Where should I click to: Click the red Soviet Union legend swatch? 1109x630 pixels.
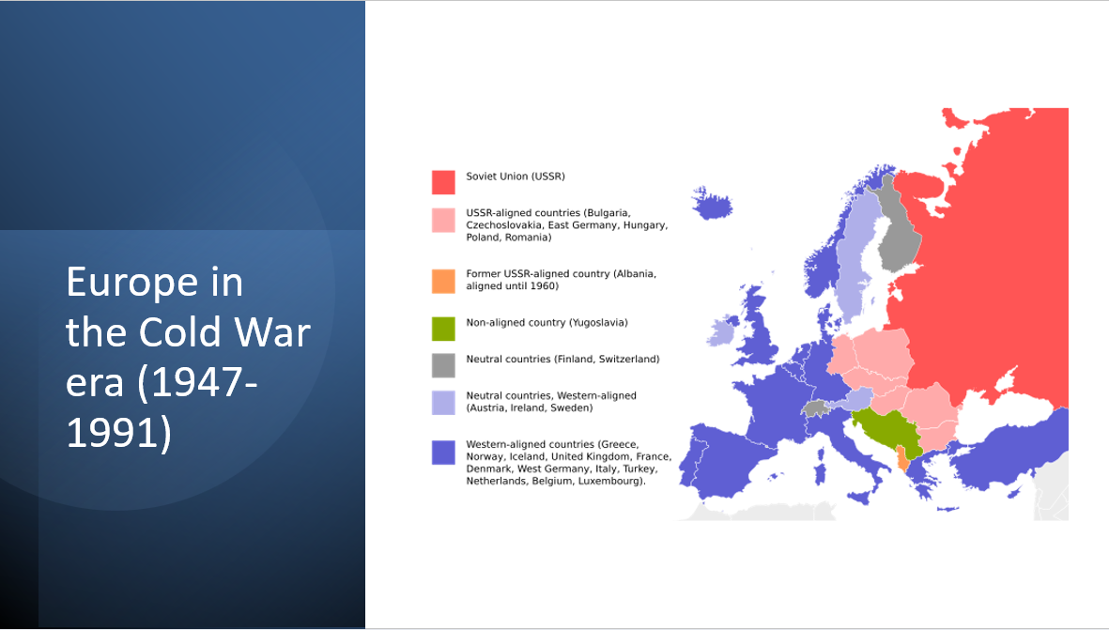click(443, 182)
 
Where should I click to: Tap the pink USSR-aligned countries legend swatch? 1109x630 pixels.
click(443, 220)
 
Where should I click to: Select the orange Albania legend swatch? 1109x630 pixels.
click(443, 281)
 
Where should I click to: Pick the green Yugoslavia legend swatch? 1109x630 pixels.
click(443, 329)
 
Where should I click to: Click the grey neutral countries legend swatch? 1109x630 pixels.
click(443, 365)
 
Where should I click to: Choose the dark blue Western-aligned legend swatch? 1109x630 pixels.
click(443, 453)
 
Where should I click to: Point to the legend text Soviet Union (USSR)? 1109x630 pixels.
click(516, 177)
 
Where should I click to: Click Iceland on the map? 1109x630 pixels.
click(712, 204)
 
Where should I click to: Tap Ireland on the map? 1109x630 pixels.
click(722, 332)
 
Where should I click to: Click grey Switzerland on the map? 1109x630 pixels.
click(817, 408)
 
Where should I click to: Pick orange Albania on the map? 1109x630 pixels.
click(901, 459)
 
